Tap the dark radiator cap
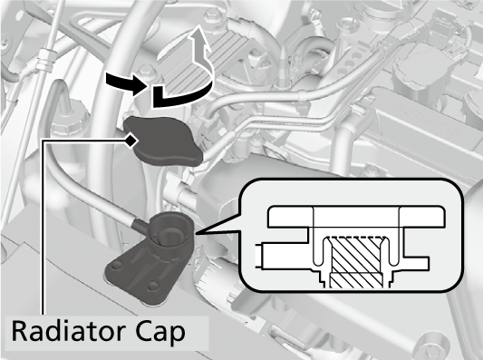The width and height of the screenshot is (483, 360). pos(162,141)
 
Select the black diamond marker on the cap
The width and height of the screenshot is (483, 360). pos(131,141)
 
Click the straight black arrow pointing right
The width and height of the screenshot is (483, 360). pos(126,83)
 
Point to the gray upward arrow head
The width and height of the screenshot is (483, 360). pos(198,37)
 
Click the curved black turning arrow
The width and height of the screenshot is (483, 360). pos(182,92)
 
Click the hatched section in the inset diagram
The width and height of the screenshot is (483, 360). pos(356,262)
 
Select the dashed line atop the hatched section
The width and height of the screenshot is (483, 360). pos(356,238)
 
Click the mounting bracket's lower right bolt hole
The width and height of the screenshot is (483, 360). pos(153,287)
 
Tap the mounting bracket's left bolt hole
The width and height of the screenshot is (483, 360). pos(117,266)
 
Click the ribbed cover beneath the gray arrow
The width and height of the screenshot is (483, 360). pos(200,59)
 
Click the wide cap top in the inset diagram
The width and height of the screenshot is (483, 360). pos(357,217)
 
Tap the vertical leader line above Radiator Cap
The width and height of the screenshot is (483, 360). pos(43,228)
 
